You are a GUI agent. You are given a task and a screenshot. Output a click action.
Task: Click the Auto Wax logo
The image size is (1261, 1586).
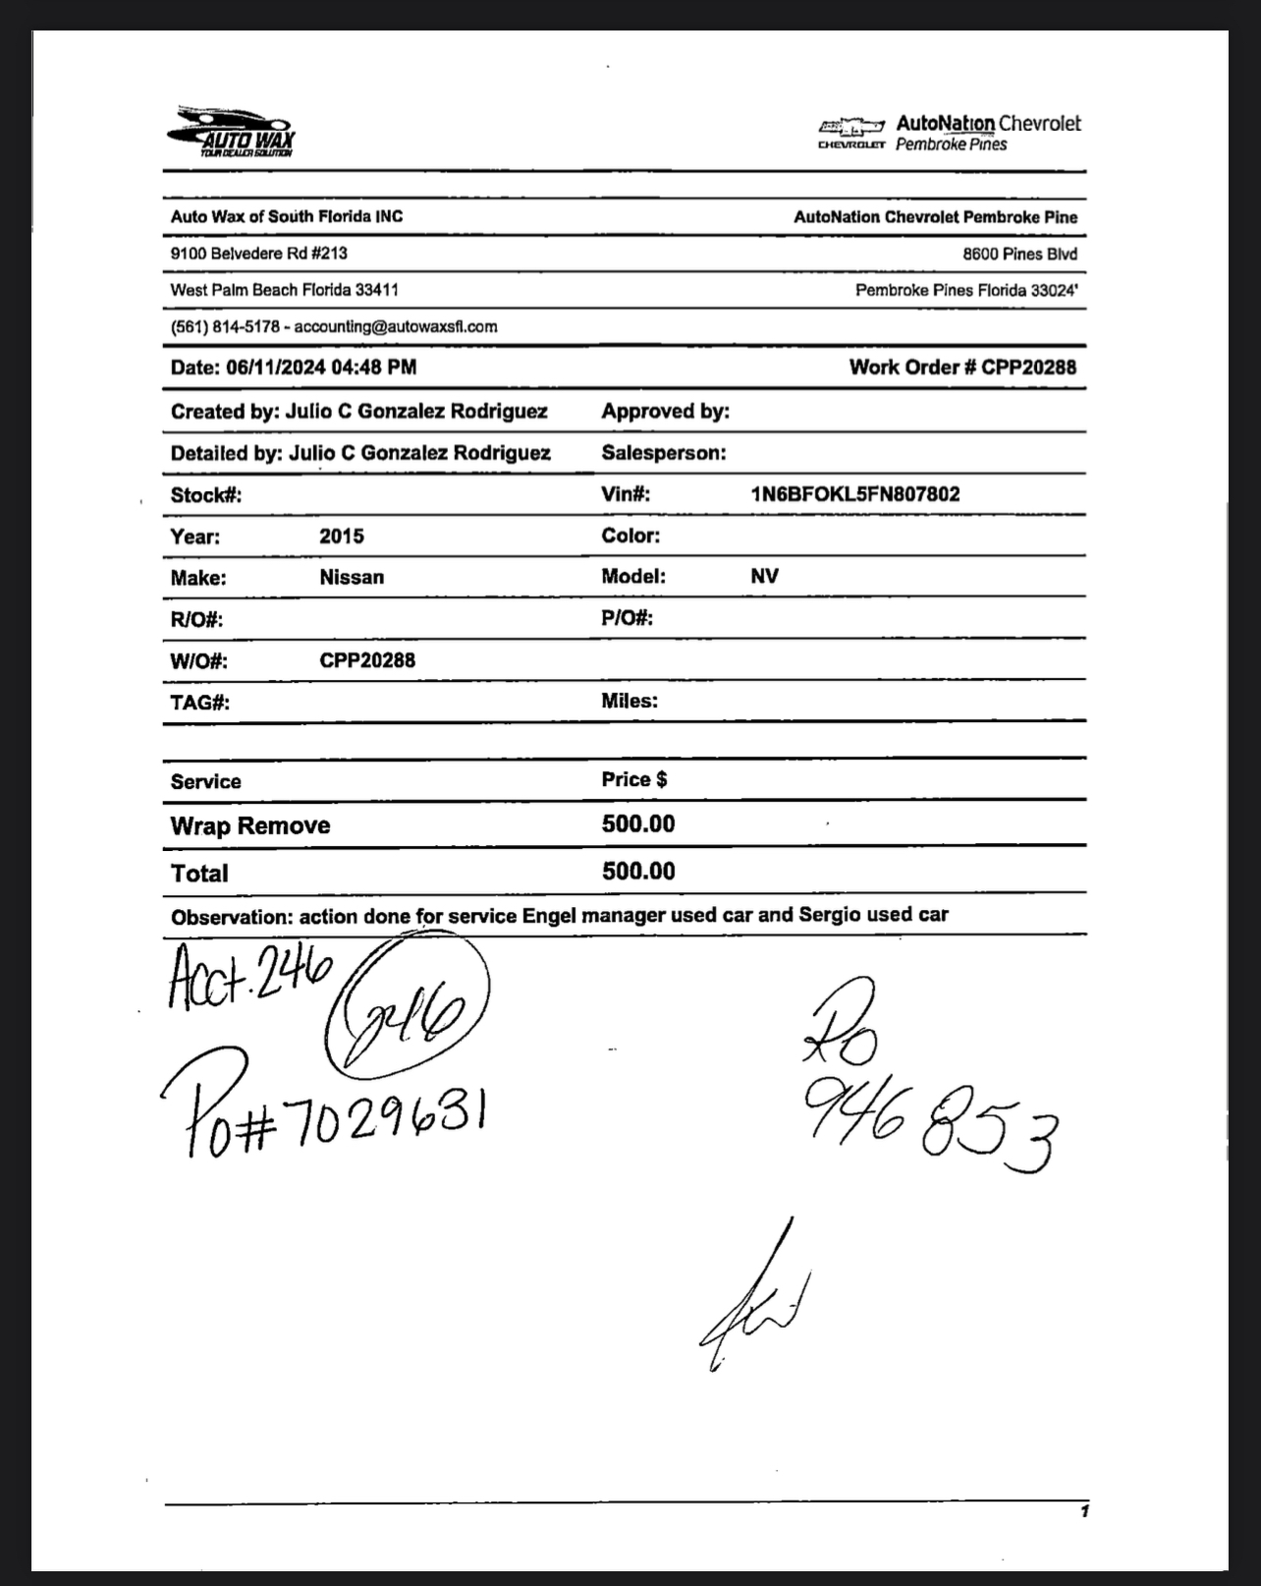point(232,131)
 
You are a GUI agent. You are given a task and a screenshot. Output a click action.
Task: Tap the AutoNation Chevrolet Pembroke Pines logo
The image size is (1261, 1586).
point(949,133)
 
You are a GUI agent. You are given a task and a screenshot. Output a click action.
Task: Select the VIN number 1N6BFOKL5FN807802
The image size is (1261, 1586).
point(854,494)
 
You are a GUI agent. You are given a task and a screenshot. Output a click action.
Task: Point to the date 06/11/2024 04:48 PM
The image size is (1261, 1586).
point(320,368)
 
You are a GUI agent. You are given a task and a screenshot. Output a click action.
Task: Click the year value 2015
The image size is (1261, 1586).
point(342,537)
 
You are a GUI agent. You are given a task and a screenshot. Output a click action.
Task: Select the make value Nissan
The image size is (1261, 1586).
point(352,578)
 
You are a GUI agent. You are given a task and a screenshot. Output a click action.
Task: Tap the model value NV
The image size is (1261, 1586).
point(764,577)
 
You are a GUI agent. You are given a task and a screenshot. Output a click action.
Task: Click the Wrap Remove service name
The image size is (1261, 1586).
point(250,825)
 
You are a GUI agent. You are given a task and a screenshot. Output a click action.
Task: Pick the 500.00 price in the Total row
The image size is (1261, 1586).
point(638,872)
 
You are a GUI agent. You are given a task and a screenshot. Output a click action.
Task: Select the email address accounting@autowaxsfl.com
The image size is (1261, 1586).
point(396,326)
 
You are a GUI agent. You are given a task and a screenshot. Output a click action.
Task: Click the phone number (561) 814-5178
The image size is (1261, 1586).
point(225,326)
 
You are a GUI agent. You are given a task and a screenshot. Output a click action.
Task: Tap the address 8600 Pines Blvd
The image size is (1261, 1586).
point(1019,254)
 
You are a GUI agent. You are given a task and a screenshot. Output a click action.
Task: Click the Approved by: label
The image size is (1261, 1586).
point(665,412)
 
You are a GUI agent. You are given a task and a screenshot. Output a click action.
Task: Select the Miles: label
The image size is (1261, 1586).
point(630,701)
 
